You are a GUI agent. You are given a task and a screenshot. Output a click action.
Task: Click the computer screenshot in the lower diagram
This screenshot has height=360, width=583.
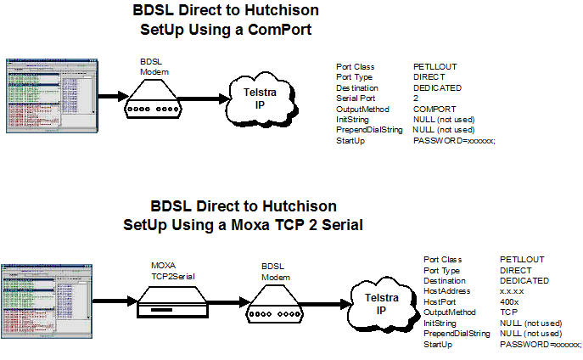point(44,297)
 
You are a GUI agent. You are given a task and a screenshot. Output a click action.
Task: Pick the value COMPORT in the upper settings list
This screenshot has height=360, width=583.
point(434,109)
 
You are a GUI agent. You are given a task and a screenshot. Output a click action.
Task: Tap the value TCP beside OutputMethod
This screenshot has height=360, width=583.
point(508,312)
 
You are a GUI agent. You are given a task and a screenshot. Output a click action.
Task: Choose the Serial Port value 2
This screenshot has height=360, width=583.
point(416,98)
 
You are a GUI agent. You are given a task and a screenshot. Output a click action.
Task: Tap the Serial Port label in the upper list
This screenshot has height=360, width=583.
point(357,98)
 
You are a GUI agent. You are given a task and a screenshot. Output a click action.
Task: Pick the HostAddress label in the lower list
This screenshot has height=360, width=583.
point(446,290)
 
